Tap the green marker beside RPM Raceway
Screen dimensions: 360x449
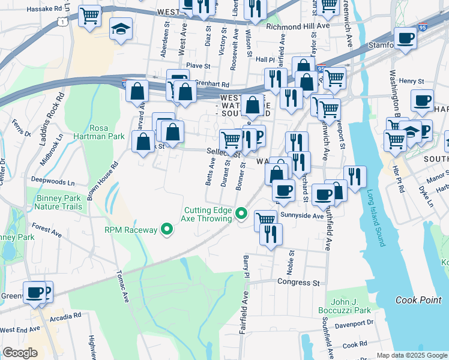(x=168, y=229)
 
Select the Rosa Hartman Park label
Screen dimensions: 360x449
(x=107, y=133)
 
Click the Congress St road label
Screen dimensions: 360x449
(x=298, y=281)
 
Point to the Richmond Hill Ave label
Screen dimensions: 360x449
(x=298, y=27)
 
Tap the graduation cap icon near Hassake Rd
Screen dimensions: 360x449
(x=121, y=28)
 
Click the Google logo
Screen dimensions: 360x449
(x=20, y=353)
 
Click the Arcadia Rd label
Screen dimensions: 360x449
(x=65, y=316)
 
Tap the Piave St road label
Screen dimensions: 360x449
(x=197, y=66)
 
